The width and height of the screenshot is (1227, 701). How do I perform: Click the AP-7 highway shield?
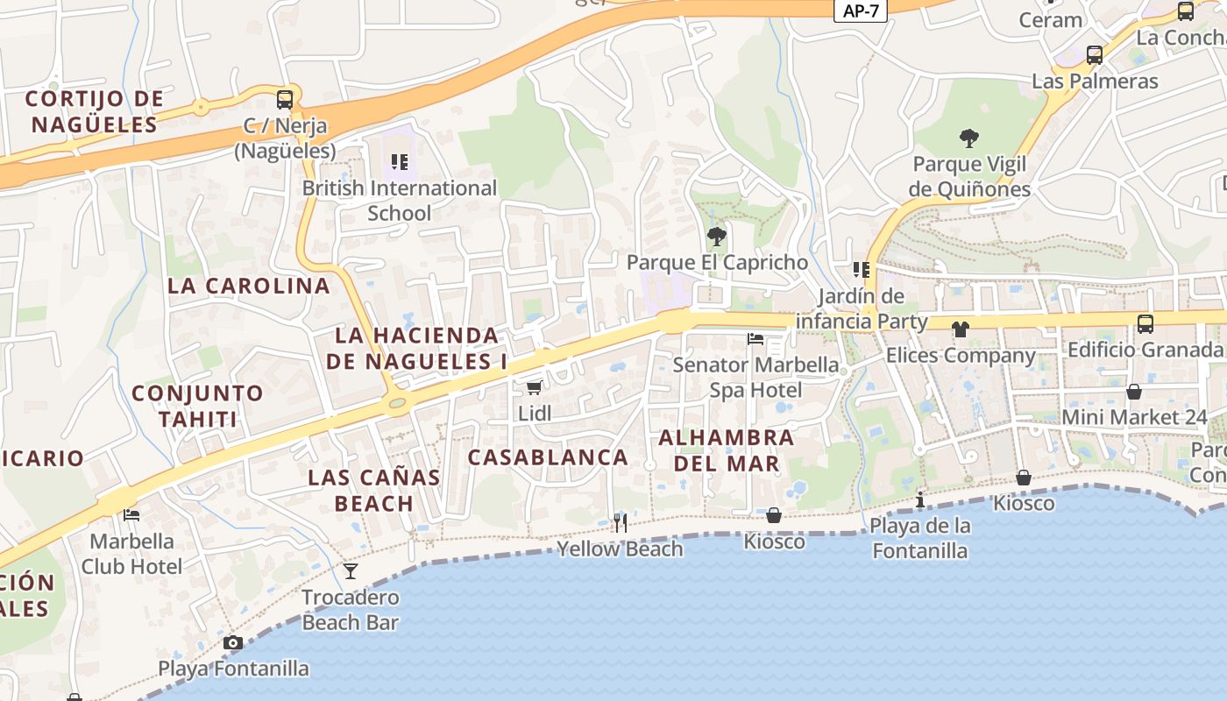point(860,11)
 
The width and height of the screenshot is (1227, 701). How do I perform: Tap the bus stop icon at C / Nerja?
point(285,99)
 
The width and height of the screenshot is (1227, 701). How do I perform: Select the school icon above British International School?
point(400,161)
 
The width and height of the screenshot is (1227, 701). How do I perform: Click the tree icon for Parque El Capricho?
point(716,236)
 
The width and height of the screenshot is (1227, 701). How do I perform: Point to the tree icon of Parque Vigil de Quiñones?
point(968,138)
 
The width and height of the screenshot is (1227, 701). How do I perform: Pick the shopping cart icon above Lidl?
point(534,387)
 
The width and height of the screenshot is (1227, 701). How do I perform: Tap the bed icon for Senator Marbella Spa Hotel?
point(755,338)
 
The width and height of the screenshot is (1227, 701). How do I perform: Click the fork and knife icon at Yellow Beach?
point(620,523)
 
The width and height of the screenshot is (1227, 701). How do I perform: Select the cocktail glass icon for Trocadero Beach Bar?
point(351,571)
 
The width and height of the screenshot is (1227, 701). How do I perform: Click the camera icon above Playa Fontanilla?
point(232,643)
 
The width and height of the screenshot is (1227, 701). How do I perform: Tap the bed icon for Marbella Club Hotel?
point(131,515)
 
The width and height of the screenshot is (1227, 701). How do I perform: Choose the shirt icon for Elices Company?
point(961,329)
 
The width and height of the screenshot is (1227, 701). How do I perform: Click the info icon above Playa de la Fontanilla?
point(919,500)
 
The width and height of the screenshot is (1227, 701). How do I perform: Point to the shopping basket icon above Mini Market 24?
point(1134,392)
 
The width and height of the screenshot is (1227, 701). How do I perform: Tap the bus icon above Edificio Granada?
point(1145,324)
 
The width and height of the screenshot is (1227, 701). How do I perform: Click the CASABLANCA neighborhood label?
point(548,457)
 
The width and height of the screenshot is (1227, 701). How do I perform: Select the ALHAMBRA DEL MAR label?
point(726,450)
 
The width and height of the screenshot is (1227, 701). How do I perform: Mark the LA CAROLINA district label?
point(249,286)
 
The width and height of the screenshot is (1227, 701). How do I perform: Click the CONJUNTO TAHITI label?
point(197,406)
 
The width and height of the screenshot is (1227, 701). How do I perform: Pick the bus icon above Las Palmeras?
point(1094,55)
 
